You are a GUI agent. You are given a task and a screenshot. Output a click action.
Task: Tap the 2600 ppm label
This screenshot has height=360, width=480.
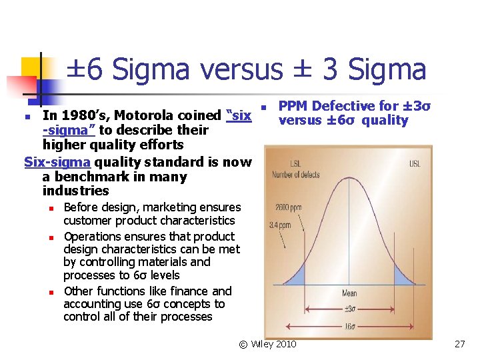[x=289, y=208]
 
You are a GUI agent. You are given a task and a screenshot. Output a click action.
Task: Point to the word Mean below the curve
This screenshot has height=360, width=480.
[x=350, y=293]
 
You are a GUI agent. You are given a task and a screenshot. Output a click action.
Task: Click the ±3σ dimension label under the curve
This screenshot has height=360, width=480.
[x=349, y=308]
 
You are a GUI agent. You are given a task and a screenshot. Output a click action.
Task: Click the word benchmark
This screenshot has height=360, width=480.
[x=88, y=177]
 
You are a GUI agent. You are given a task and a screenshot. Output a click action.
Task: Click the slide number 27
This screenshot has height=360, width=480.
[x=459, y=344]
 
